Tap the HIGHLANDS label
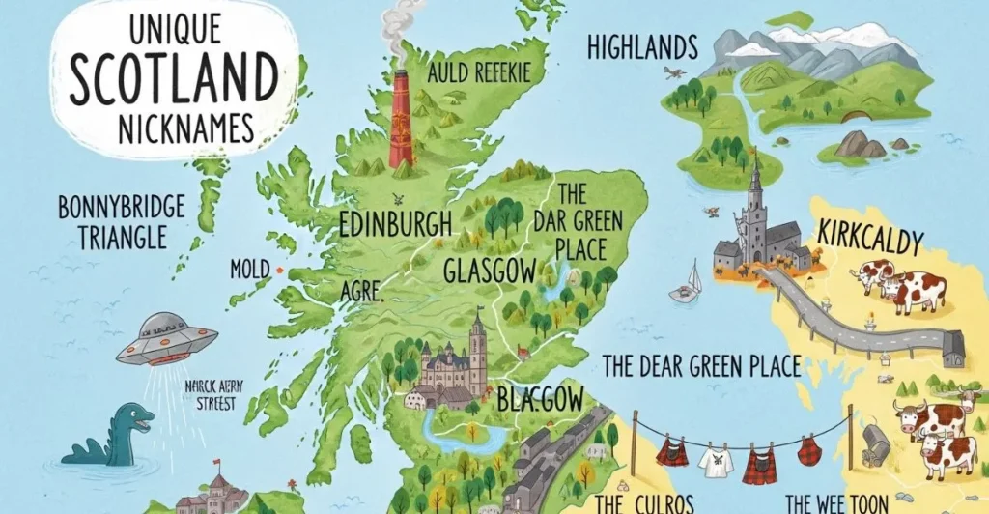641,46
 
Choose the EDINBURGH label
395,224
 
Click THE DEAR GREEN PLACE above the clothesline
701,366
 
